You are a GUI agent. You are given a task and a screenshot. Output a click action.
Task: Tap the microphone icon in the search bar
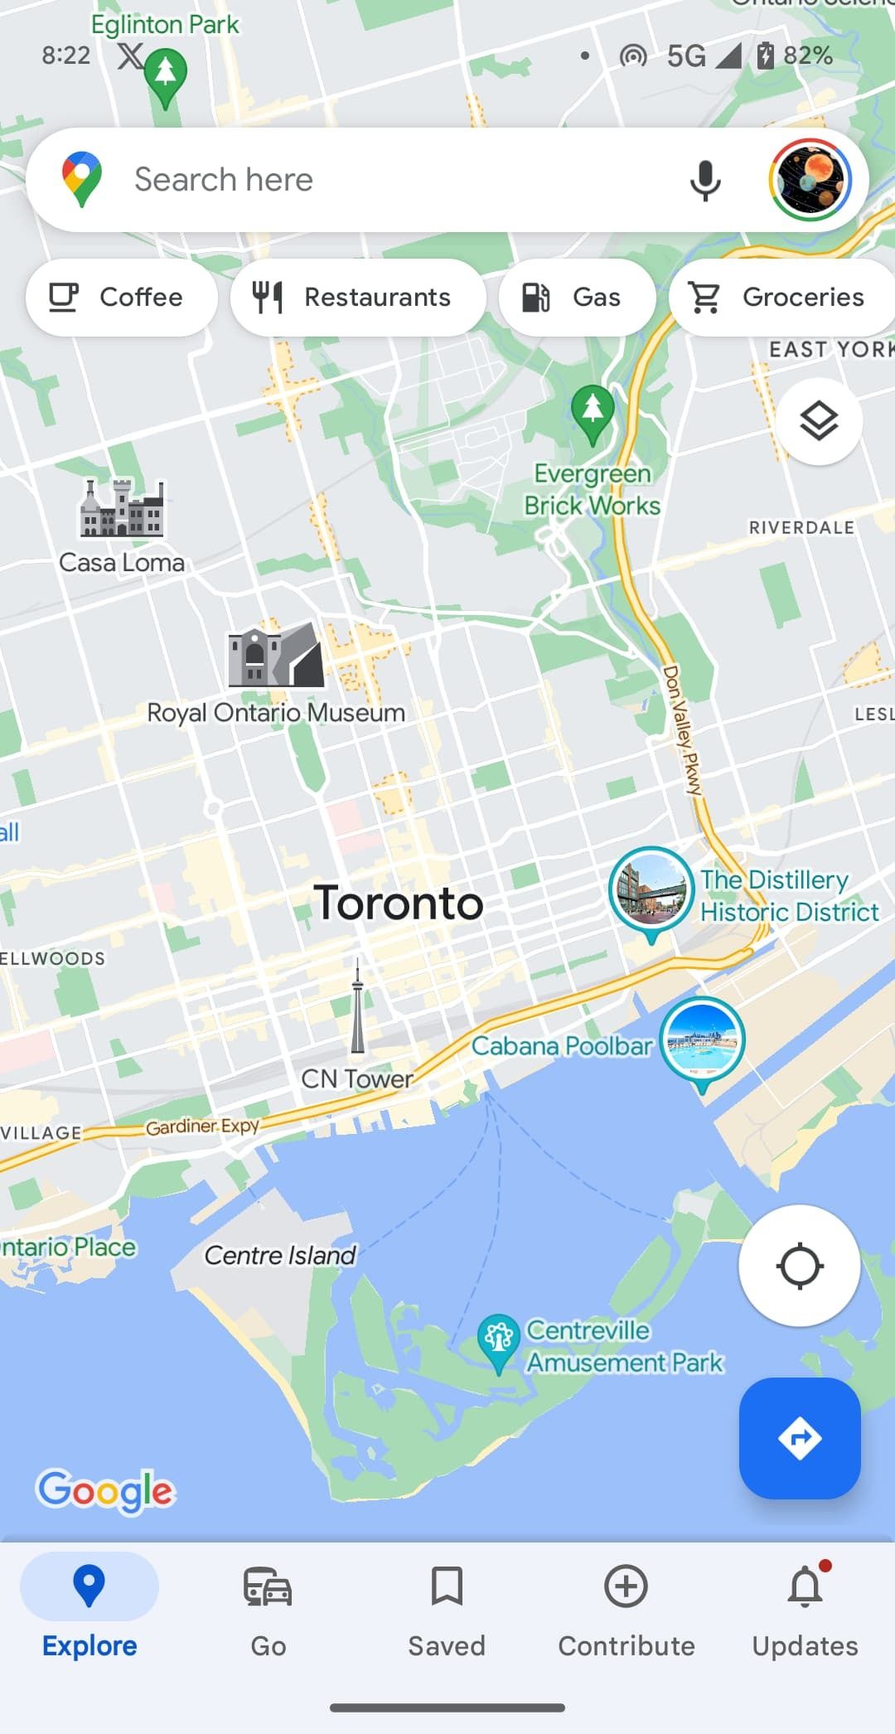click(x=705, y=180)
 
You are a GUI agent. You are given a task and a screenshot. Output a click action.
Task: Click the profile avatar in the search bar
click(x=810, y=180)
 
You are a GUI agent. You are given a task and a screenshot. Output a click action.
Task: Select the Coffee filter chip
click(x=121, y=298)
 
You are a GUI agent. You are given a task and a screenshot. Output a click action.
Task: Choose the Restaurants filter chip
click(x=358, y=298)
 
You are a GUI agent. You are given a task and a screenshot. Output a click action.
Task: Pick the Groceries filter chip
click(x=783, y=298)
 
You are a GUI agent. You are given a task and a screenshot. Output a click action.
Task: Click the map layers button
click(x=819, y=422)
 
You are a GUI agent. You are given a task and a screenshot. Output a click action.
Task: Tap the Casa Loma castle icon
click(x=122, y=508)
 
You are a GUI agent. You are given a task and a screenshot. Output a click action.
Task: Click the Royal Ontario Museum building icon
click(x=276, y=656)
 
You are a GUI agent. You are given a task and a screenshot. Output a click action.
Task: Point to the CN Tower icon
click(x=357, y=1007)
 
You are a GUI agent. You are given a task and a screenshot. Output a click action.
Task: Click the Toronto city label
click(x=399, y=903)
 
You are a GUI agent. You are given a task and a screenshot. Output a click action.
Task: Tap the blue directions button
click(x=800, y=1438)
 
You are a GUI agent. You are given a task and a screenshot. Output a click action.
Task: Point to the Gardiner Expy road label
click(x=202, y=1126)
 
